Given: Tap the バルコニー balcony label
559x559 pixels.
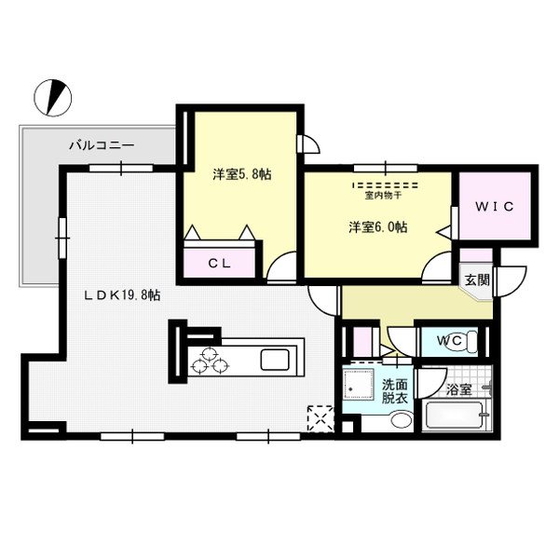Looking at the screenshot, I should pos(102,146).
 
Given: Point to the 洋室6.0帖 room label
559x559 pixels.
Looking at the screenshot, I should pos(378,226).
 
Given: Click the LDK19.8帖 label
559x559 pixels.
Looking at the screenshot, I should pos(123,295).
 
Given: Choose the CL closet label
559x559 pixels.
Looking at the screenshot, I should pos(219,264).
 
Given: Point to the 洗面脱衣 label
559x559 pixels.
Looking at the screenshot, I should pos(393,391).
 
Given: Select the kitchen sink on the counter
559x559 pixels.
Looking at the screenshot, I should pos(277,359).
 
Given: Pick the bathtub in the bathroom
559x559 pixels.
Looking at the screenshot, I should pos(456,416).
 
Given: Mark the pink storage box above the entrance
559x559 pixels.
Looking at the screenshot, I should pos(475,253).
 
